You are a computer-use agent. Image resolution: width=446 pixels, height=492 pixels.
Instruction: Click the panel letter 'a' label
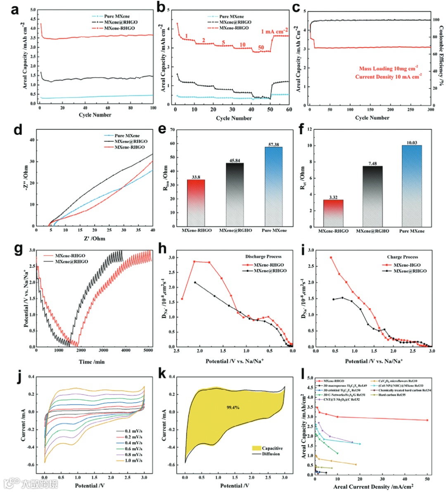tap(15, 9)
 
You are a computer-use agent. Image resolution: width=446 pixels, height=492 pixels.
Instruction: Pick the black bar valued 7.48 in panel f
tap(372, 196)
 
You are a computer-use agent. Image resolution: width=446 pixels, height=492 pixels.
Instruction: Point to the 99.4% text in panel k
tap(233, 407)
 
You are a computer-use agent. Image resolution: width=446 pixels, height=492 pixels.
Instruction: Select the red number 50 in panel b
tap(261, 48)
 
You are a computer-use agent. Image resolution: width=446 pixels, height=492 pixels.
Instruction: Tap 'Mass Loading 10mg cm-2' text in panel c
tap(388, 69)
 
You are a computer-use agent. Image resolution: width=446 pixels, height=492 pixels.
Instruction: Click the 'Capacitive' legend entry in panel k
tap(273, 448)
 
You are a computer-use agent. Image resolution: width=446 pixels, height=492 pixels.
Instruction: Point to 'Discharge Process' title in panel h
tap(263, 257)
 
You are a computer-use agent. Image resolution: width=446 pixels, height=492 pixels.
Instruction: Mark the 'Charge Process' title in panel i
tap(402, 257)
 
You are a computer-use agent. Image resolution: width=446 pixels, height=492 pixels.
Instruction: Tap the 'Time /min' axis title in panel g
tap(92, 362)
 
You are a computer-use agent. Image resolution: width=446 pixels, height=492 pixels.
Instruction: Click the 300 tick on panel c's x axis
tap(430, 110)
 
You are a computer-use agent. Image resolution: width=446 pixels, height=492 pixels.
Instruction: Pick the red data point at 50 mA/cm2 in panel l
tap(427, 420)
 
